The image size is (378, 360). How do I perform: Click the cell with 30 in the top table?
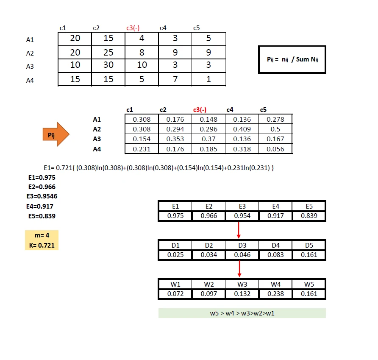[108, 65]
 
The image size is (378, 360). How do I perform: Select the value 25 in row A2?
[108, 52]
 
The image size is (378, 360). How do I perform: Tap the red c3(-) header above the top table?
[133, 28]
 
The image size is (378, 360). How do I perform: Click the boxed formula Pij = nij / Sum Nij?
[292, 59]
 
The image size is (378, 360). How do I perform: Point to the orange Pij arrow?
[55, 134]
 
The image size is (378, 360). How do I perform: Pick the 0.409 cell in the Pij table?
[242, 129]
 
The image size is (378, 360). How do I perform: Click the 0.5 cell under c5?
[275, 129]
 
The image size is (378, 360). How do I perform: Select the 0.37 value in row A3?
[208, 139]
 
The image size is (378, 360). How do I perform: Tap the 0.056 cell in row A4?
[275, 149]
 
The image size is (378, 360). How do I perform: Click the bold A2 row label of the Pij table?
[97, 129]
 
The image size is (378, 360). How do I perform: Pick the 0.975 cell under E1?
[175, 216]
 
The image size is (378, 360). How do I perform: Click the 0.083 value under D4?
[275, 255]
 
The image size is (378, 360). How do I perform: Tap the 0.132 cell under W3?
[242, 293]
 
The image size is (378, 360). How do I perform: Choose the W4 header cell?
[275, 284]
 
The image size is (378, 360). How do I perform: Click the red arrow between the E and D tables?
[239, 229]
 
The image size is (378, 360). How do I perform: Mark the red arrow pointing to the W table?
[239, 268]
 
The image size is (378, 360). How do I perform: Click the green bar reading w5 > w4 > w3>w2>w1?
[242, 313]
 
